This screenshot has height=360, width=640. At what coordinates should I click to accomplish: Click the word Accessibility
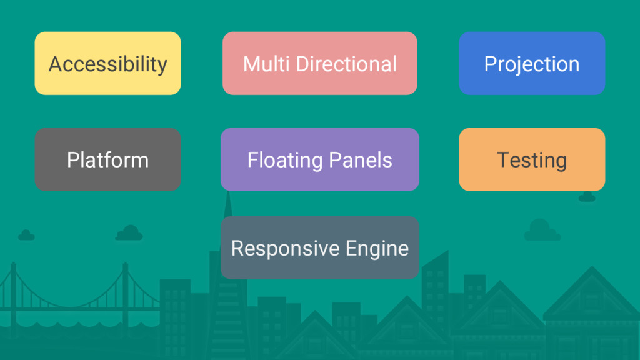tap(107, 64)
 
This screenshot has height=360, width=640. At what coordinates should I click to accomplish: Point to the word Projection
tap(532, 64)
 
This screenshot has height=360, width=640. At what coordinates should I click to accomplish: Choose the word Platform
tap(107, 160)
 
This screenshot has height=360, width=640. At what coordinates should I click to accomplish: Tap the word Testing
tap(532, 160)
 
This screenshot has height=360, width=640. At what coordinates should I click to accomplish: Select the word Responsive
tap(276, 249)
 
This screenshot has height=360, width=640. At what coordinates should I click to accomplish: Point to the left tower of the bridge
tap(13, 294)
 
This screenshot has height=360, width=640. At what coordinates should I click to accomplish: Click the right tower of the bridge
tap(125, 294)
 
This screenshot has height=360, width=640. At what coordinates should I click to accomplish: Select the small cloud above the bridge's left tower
tap(26, 235)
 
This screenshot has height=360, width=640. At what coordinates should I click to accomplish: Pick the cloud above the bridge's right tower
tap(129, 233)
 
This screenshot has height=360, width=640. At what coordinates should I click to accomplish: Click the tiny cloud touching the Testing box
tap(587, 197)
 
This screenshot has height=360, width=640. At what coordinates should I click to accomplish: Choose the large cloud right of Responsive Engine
tap(541, 231)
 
